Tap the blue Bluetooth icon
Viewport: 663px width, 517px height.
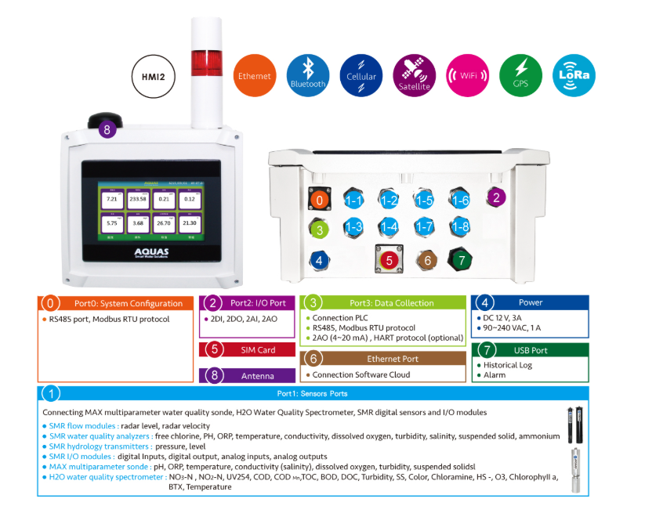[307, 75]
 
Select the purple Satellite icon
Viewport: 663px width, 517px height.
[414, 75]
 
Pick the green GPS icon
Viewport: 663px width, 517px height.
[520, 75]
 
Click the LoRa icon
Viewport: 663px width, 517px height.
[574, 75]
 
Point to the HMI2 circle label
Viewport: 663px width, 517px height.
[153, 77]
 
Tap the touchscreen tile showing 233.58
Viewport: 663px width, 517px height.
[139, 200]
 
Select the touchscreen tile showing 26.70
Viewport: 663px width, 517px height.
[164, 222]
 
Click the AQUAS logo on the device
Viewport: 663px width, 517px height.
[151, 254]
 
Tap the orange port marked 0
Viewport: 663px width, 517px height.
[317, 200]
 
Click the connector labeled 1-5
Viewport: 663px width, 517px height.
[425, 200]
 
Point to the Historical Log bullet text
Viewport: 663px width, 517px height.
[507, 365]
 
